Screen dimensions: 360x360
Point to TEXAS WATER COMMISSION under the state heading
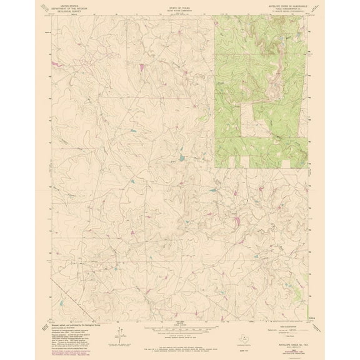click(179, 10)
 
